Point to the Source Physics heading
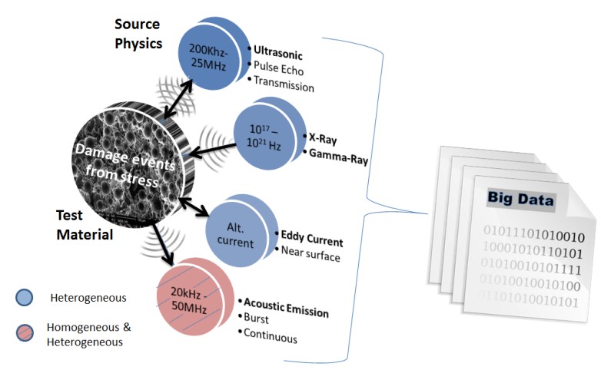click(x=139, y=34)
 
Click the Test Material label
click(x=85, y=224)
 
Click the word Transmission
click(x=284, y=86)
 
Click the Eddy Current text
click(x=311, y=240)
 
